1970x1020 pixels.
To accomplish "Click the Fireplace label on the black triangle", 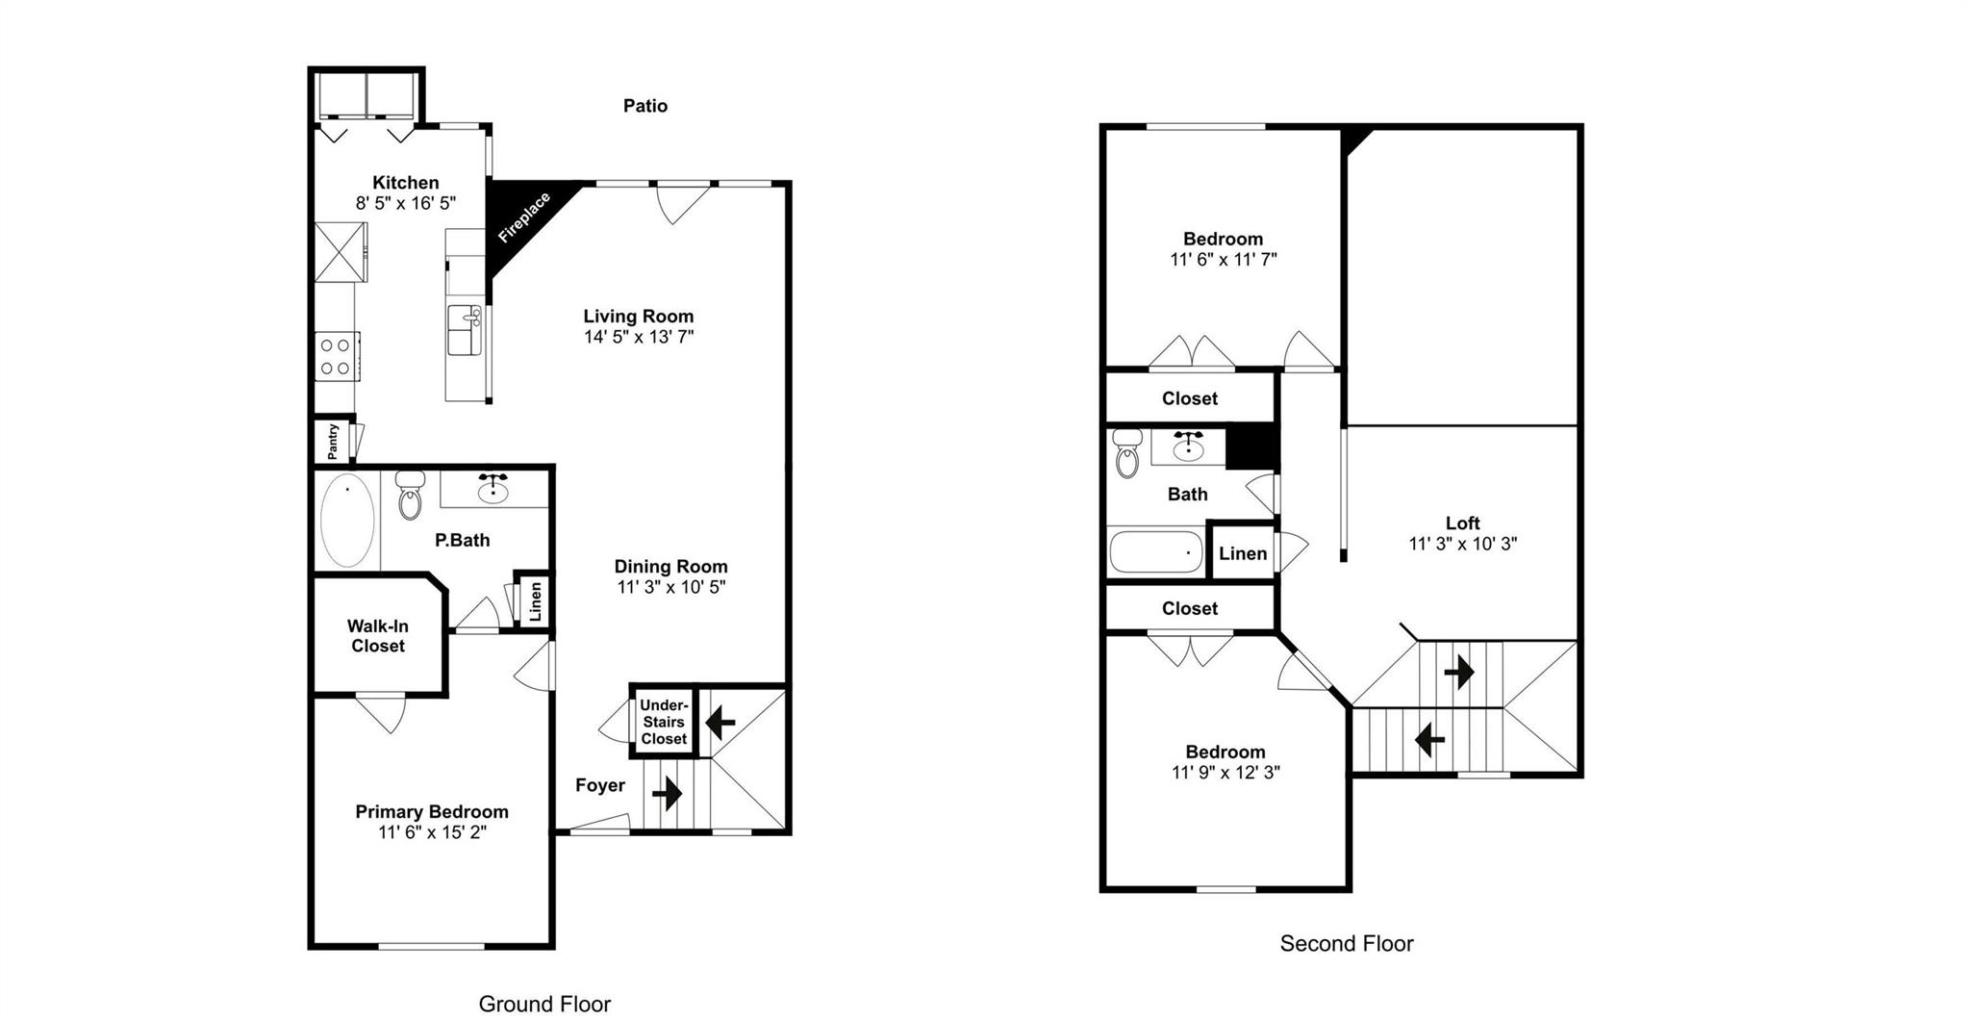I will [x=524, y=217].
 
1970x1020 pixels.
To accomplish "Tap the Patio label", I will [x=644, y=106].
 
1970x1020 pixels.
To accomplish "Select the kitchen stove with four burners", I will [x=336, y=357].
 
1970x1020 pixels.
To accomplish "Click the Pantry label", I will [x=333, y=441].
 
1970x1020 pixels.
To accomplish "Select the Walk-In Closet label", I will [x=377, y=636].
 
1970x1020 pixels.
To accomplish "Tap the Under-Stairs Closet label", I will [x=664, y=722].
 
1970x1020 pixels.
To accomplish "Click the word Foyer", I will [x=600, y=785].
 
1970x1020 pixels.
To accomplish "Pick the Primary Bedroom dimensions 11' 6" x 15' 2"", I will [x=432, y=832].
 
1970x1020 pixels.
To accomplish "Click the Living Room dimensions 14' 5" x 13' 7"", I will [x=638, y=337].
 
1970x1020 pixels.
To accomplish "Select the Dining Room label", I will [x=670, y=567].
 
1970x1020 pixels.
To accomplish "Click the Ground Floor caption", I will [x=544, y=1004].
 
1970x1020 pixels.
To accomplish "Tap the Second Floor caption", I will [x=1346, y=943].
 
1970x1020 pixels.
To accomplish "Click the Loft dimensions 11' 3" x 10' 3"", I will [x=1462, y=544].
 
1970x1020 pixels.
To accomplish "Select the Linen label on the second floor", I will [x=1242, y=553].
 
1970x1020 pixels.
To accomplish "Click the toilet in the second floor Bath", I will [x=1126, y=454].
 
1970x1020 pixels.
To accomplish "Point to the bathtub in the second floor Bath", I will [x=1155, y=552].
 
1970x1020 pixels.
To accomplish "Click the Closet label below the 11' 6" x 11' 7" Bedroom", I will [x=1189, y=398].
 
